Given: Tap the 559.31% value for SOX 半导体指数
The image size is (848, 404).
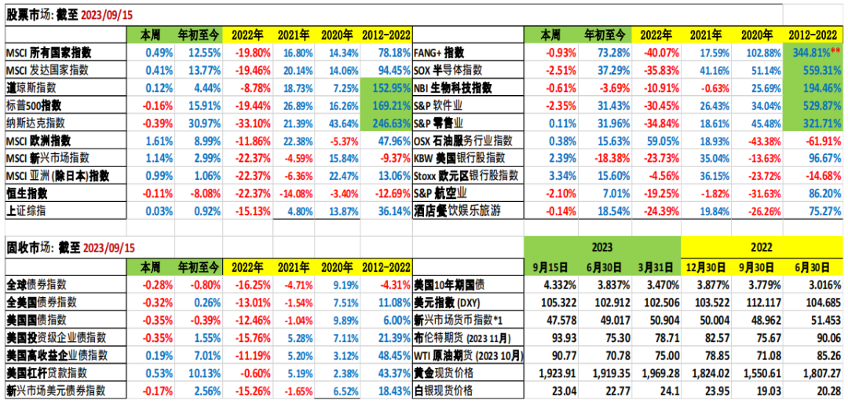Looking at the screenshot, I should click(x=814, y=70).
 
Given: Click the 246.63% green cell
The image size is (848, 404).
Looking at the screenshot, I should click(x=387, y=123).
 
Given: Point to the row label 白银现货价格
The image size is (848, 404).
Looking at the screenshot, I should click(x=444, y=391).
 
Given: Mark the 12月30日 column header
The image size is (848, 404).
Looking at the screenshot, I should click(x=707, y=266).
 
